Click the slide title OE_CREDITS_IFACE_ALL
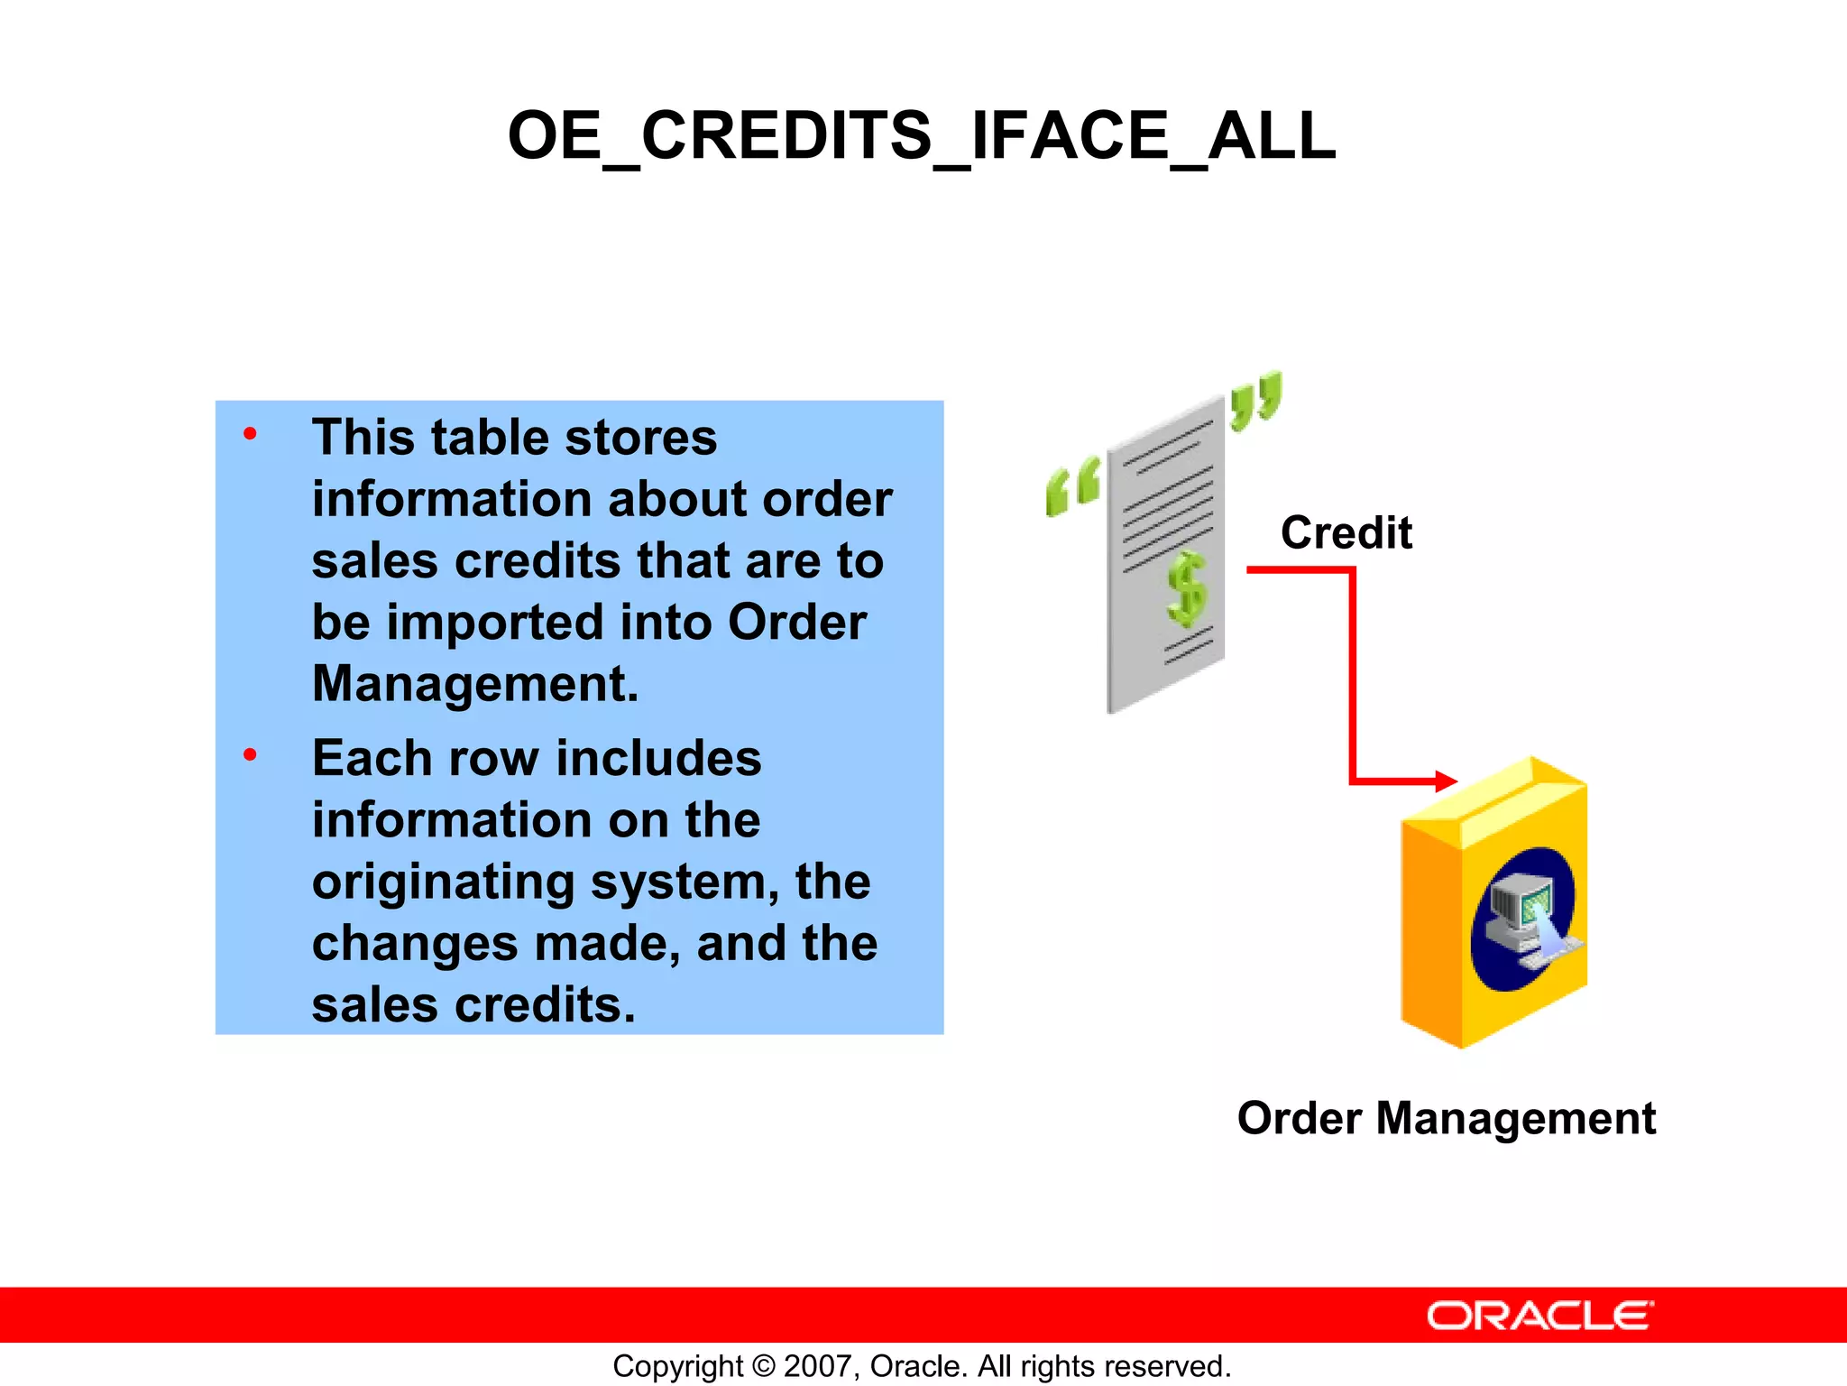[x=922, y=136]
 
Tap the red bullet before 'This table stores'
[x=250, y=435]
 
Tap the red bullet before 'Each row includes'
[x=250, y=754]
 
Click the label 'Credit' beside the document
[x=1346, y=532]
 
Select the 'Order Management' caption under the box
[x=1446, y=1118]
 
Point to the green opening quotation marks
[x=1072, y=486]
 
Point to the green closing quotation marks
[x=1255, y=400]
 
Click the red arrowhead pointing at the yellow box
[x=1445, y=781]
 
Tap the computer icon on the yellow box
[x=1524, y=919]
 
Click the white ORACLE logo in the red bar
[x=1539, y=1316]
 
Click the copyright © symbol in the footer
[x=763, y=1366]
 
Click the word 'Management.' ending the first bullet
[x=475, y=684]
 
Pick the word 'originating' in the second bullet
[x=443, y=882]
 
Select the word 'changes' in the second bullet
[x=415, y=944]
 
